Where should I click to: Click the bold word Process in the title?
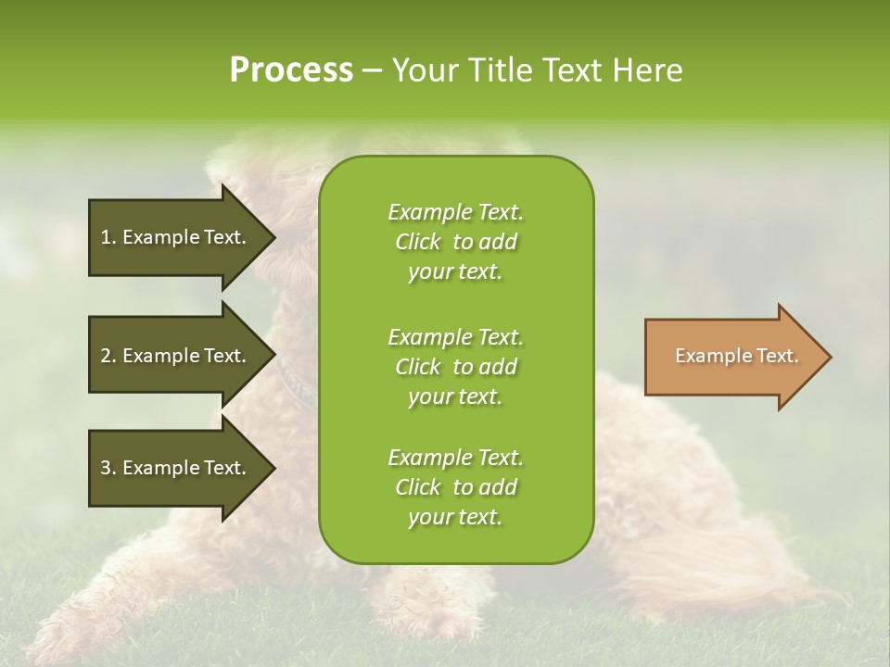click(x=291, y=70)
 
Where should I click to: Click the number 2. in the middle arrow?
click(x=108, y=356)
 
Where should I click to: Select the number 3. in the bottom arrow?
click(x=108, y=468)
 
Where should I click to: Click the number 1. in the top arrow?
click(x=108, y=237)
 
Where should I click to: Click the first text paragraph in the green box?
click(x=455, y=242)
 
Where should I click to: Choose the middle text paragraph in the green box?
click(x=455, y=367)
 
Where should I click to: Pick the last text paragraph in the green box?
click(x=455, y=487)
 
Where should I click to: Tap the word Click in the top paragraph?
click(x=418, y=243)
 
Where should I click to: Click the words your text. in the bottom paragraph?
click(x=455, y=517)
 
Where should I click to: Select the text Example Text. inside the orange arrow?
click(x=736, y=356)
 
